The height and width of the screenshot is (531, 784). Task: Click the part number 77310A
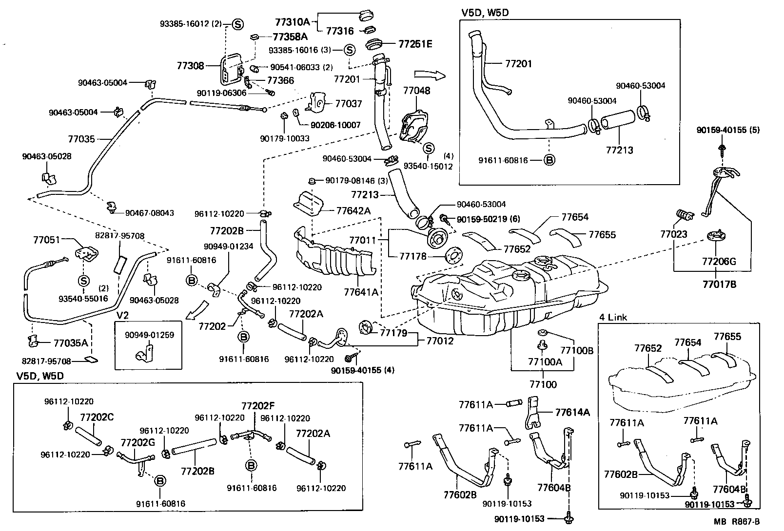pos(292,21)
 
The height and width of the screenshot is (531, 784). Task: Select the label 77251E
pos(415,44)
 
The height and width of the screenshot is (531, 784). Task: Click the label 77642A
pos(353,210)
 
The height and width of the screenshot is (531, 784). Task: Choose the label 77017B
pos(719,284)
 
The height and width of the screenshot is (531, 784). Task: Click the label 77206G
pos(719,262)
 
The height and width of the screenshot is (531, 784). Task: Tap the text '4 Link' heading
pos(613,317)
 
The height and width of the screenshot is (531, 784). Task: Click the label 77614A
pos(572,412)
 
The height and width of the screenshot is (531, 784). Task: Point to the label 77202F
pos(258,406)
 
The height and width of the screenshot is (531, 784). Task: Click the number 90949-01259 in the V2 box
pos(149,335)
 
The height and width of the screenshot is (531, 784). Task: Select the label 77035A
pos(71,342)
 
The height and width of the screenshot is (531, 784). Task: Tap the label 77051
pos(46,240)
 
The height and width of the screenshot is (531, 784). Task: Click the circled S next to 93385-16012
pos(237,23)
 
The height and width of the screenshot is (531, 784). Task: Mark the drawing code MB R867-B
pos(737,522)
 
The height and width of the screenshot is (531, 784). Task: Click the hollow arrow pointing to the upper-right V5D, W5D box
pos(429,75)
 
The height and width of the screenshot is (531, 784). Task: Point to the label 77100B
pos(576,350)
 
